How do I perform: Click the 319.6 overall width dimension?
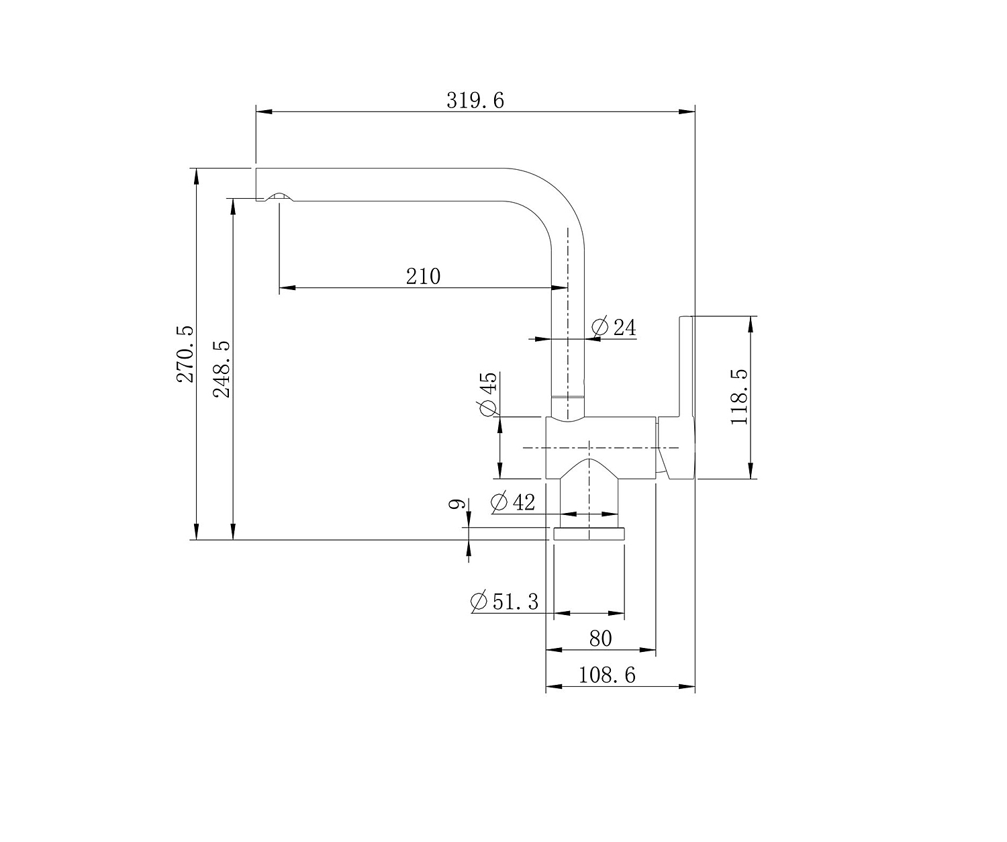click(475, 100)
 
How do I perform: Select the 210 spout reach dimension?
click(423, 277)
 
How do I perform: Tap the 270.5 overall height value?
click(185, 354)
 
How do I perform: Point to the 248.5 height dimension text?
click(222, 369)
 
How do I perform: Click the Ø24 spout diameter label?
click(614, 328)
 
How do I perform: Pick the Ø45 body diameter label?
click(488, 393)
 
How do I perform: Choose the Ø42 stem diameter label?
click(513, 502)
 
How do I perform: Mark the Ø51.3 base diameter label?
click(504, 602)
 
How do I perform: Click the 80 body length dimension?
click(600, 639)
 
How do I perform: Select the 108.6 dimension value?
click(607, 675)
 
